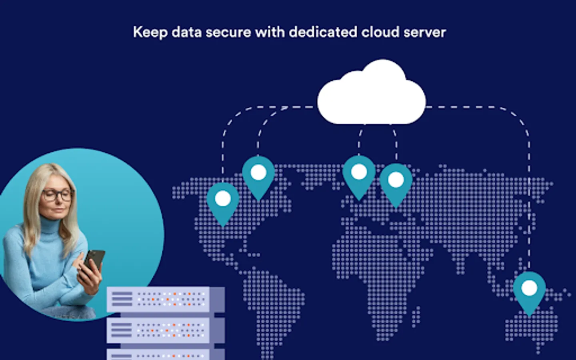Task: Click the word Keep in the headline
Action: click(150, 33)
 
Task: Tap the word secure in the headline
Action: click(228, 33)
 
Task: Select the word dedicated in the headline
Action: click(323, 32)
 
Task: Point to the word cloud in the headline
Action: click(380, 32)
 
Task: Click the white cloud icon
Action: click(371, 92)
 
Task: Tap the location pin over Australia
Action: click(529, 294)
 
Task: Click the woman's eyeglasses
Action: click(58, 195)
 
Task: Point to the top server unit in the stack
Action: click(166, 300)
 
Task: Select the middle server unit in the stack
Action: click(166, 330)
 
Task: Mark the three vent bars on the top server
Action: click(122, 299)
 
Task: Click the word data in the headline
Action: click(187, 32)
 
